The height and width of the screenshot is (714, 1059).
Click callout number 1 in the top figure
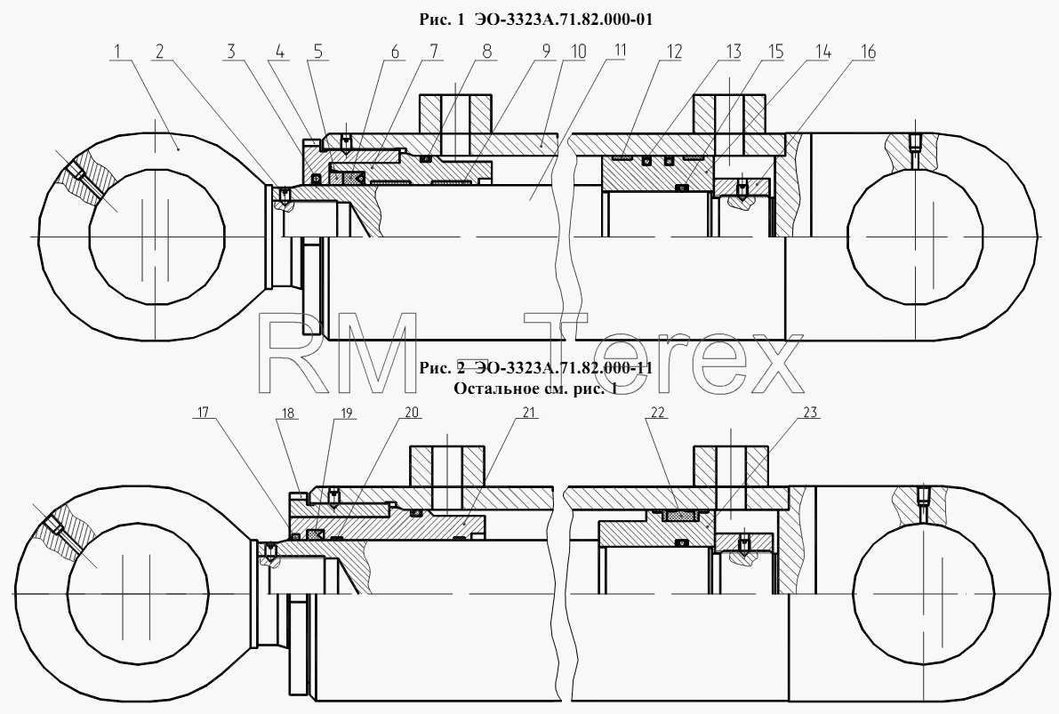tap(117, 52)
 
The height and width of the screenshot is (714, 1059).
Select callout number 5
tap(317, 52)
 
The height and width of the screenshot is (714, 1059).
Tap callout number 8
tap(487, 52)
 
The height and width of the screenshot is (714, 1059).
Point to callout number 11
tap(619, 51)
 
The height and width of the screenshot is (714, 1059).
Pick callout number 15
tap(774, 52)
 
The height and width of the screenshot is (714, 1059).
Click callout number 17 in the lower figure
tap(204, 413)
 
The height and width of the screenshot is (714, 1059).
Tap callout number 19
tap(347, 413)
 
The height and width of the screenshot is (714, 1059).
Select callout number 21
tap(529, 413)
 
